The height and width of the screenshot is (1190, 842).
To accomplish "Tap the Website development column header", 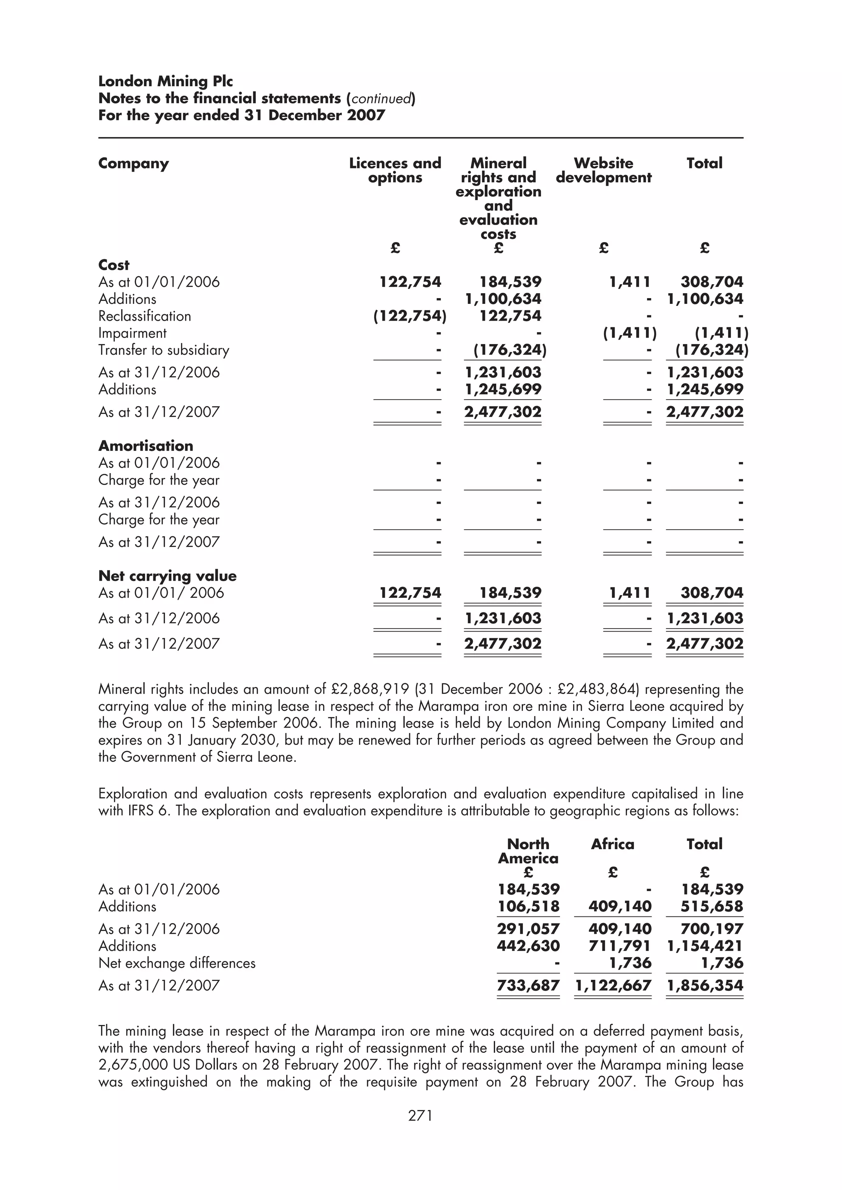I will (604, 170).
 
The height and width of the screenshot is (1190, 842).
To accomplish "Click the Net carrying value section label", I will (167, 576).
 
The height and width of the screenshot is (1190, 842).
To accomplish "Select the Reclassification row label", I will (145, 316).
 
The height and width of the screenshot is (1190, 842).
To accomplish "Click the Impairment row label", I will (132, 333).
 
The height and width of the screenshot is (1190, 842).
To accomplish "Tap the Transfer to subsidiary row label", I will (163, 350).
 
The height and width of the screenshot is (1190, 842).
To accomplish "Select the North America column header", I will (528, 851).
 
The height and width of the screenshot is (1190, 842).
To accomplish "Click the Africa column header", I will (612, 844).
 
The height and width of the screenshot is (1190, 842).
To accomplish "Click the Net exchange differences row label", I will (177, 963).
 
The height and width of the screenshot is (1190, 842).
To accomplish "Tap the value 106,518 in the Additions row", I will (528, 907).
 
